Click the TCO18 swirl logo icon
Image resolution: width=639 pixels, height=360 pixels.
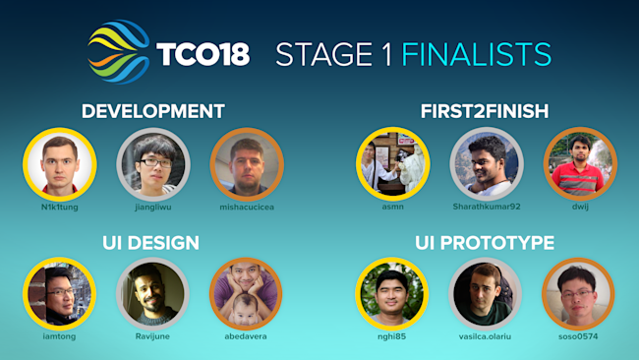119,51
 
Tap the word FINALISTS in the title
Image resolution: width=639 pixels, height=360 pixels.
476,53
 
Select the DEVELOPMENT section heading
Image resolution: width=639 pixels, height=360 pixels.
153,111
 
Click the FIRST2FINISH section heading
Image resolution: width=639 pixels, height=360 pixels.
486,111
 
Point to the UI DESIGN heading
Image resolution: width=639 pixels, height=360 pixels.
150,242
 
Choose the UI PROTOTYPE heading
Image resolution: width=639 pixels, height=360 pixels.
486,242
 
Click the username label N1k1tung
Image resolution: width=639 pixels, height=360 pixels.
59,209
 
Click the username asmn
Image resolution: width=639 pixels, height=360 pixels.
392,209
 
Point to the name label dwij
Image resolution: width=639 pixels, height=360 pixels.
579,209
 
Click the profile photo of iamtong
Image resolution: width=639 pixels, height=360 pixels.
59,294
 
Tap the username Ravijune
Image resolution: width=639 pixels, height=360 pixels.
152,337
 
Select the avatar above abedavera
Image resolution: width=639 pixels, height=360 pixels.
247,294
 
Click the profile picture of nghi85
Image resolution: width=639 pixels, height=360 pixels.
392,294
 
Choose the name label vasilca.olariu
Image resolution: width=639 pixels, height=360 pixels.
486,337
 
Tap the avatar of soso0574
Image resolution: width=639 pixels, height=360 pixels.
579,294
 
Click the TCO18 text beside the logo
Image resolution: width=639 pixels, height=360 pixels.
203,53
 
